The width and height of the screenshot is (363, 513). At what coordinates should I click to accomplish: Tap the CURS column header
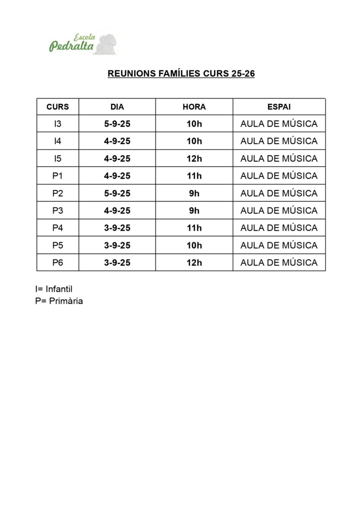58,107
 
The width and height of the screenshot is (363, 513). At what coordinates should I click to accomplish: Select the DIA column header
117,107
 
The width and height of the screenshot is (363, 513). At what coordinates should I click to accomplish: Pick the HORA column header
194,107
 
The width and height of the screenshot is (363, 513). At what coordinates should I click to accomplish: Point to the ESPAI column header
279,107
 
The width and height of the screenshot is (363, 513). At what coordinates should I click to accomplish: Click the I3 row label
58,124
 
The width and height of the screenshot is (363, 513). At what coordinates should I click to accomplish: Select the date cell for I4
117,141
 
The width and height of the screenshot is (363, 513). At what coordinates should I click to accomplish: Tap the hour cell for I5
194,159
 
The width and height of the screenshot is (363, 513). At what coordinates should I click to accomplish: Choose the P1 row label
58,176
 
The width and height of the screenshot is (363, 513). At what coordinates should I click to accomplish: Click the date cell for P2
117,193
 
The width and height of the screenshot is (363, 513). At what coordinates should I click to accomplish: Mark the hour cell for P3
194,211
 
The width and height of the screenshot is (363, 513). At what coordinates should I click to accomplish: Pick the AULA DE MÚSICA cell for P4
279,228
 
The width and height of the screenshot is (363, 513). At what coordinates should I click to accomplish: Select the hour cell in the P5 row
194,245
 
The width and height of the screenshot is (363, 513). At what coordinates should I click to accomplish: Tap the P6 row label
58,263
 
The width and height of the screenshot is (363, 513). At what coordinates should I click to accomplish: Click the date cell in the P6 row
117,263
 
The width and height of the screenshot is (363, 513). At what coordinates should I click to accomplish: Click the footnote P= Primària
59,302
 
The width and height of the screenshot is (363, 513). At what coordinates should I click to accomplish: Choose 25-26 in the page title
243,74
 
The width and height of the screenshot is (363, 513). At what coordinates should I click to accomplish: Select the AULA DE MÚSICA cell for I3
279,124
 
